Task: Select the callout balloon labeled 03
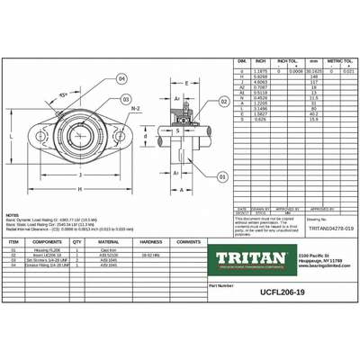pyautogui.click(x=127, y=99)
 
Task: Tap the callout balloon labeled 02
pyautogui.click(x=220, y=104)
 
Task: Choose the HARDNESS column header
pyautogui.click(x=150, y=242)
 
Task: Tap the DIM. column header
pyautogui.click(x=241, y=60)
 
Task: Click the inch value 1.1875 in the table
pyautogui.click(x=261, y=69)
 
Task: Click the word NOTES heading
pyautogui.click(x=12, y=215)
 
